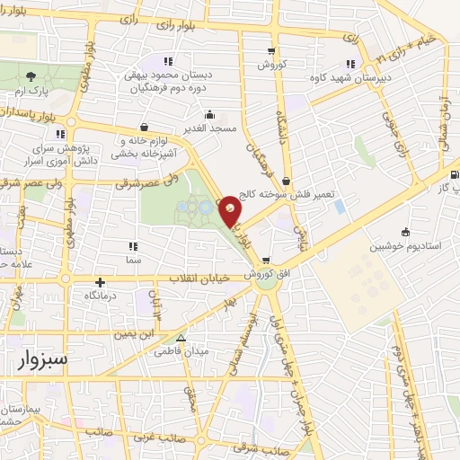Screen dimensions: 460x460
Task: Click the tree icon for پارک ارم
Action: [x=32, y=76]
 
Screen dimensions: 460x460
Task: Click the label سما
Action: [x=134, y=259]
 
